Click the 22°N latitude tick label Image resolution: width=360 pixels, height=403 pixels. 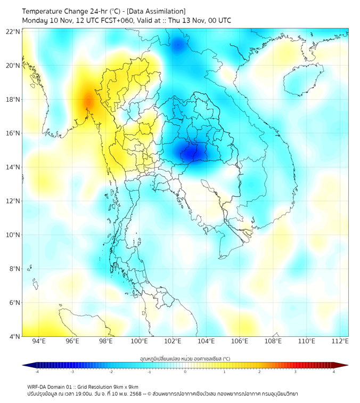click(x=13, y=31)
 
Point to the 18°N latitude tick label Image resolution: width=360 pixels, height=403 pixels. click(x=13, y=100)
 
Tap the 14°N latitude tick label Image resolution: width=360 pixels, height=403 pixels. click(x=13, y=167)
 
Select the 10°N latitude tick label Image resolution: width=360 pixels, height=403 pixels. click(x=13, y=235)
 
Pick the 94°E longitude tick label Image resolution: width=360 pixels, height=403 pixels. click(x=39, y=342)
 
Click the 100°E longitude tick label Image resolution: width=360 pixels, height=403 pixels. click(x=139, y=342)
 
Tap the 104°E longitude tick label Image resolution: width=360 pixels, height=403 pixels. click(x=206, y=342)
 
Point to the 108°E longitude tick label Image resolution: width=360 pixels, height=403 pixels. click(x=273, y=342)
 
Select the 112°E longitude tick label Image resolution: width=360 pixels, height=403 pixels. click(x=340, y=342)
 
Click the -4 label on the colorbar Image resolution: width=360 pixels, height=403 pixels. click(x=36, y=372)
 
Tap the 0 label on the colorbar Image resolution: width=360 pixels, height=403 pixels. click(x=185, y=372)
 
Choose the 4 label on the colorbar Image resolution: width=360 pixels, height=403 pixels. click(x=333, y=372)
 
